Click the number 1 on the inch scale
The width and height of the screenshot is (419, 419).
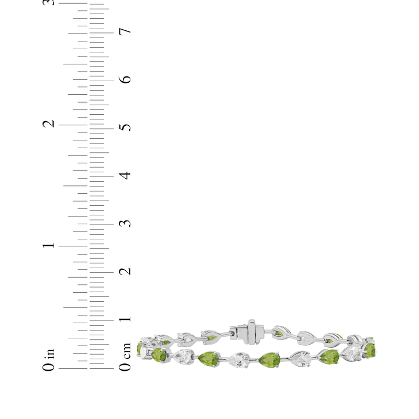[x=49, y=246]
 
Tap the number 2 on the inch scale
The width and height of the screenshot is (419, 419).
[x=49, y=124]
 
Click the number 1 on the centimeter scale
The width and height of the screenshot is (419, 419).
[x=125, y=319]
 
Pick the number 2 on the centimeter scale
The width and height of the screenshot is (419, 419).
[x=125, y=271]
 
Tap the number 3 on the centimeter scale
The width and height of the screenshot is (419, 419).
[x=125, y=224]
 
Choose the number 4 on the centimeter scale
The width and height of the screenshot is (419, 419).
[x=125, y=175]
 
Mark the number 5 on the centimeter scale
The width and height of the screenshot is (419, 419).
[x=125, y=128]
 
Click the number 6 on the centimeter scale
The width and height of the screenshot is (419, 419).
[x=125, y=80]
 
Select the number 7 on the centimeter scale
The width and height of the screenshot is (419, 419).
[x=125, y=31]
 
